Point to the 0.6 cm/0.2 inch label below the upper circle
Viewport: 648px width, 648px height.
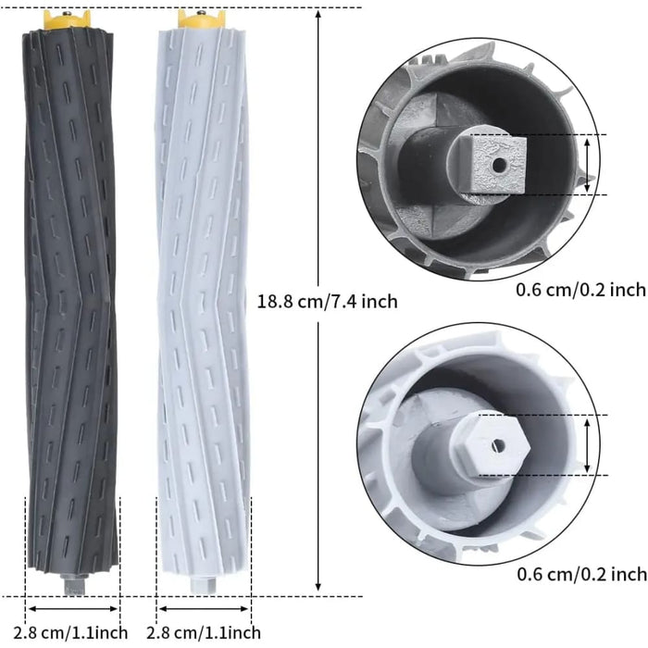point(580,290)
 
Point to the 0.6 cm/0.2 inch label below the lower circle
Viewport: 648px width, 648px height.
point(580,574)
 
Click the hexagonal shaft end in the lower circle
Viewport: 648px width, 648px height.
point(491,443)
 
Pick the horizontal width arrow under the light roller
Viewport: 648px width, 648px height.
point(204,609)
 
